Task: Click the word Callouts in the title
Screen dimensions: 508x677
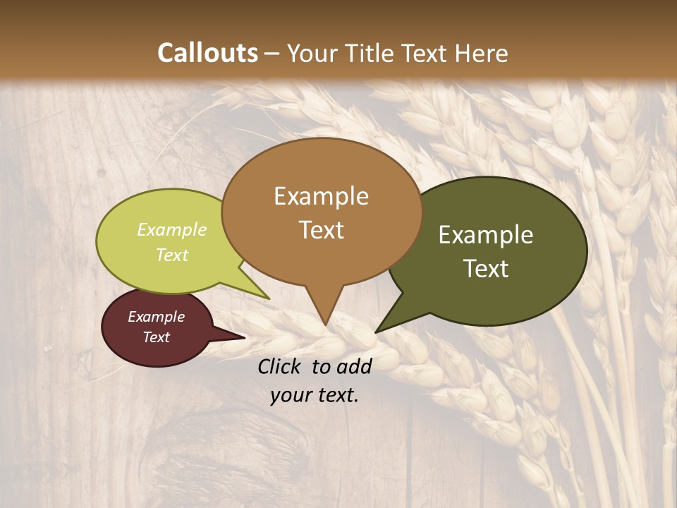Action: click(x=207, y=53)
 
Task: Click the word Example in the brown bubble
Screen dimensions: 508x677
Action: click(x=321, y=196)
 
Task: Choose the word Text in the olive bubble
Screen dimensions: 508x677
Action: click(x=486, y=269)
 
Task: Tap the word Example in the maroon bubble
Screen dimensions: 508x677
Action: click(x=156, y=317)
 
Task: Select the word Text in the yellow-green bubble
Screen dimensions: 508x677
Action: click(x=172, y=255)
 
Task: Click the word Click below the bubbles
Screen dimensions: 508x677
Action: click(x=281, y=365)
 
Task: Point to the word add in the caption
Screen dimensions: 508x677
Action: click(x=353, y=365)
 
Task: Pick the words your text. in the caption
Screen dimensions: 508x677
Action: click(x=314, y=395)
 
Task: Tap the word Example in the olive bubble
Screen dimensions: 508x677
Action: click(x=486, y=235)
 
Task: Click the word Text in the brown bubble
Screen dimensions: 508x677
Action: click(x=321, y=230)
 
